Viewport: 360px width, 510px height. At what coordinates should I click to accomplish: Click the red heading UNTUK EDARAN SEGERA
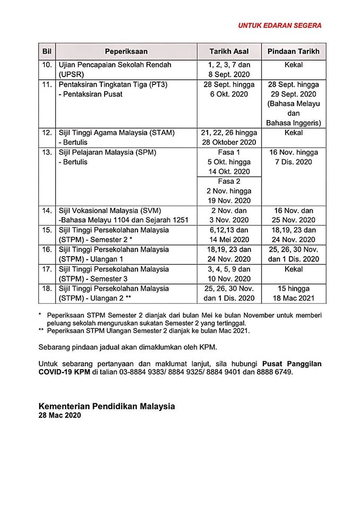[x=279, y=25]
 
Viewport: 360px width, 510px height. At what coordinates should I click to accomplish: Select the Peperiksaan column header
[x=126, y=52]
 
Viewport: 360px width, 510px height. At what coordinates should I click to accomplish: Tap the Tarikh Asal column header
[x=229, y=52]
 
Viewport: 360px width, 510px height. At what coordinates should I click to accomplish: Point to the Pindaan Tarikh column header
[x=294, y=52]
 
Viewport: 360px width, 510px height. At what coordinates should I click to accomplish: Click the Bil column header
[x=46, y=52]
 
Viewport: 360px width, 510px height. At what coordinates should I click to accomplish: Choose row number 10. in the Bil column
[x=47, y=65]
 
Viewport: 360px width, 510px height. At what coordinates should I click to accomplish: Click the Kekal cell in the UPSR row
[x=294, y=65]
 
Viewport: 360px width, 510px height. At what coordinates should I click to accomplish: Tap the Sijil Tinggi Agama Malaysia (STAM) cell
[x=116, y=132]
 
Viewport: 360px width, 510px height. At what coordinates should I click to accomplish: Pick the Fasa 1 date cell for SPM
[x=229, y=161]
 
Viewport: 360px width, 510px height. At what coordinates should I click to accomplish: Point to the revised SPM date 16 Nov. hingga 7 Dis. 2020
[x=294, y=157]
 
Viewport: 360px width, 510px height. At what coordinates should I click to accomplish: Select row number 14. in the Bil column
[x=47, y=210]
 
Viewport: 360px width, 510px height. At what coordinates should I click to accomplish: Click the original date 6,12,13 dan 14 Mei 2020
[x=229, y=235]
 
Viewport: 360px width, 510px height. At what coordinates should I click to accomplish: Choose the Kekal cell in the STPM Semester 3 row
[x=294, y=269]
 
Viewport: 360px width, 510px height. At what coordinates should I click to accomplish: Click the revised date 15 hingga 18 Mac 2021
[x=294, y=293]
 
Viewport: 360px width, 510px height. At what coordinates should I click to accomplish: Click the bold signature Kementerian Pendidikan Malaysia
[x=106, y=406]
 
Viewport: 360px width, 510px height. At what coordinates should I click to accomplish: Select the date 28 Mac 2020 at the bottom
[x=59, y=416]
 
